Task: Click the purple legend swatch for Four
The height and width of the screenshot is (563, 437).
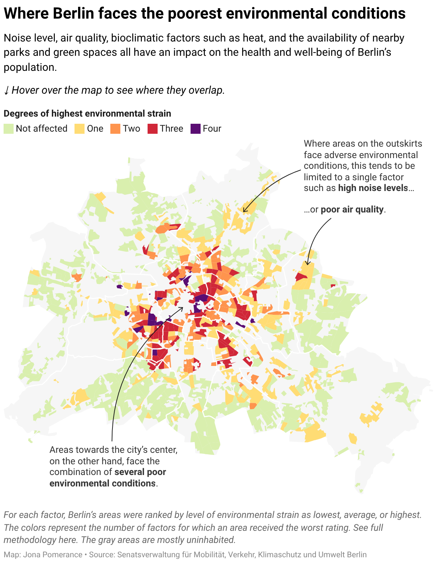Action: tap(196, 129)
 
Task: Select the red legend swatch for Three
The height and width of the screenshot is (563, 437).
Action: tap(153, 129)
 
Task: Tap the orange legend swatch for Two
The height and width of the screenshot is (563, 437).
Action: tap(115, 129)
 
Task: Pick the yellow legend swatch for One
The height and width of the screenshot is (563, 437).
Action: tap(80, 129)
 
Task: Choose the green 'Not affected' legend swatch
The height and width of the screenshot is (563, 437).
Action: tap(9, 129)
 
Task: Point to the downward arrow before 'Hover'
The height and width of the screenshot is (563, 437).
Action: tap(6, 90)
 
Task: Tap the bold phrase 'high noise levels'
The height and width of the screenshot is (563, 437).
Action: tap(373, 188)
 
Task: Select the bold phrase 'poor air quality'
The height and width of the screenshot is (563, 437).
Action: tap(352, 210)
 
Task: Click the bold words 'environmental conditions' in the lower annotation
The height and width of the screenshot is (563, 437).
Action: tap(102, 484)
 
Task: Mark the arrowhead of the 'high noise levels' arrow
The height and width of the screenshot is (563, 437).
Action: tap(244, 211)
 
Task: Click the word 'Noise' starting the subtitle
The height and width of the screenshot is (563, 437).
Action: tap(16, 38)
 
